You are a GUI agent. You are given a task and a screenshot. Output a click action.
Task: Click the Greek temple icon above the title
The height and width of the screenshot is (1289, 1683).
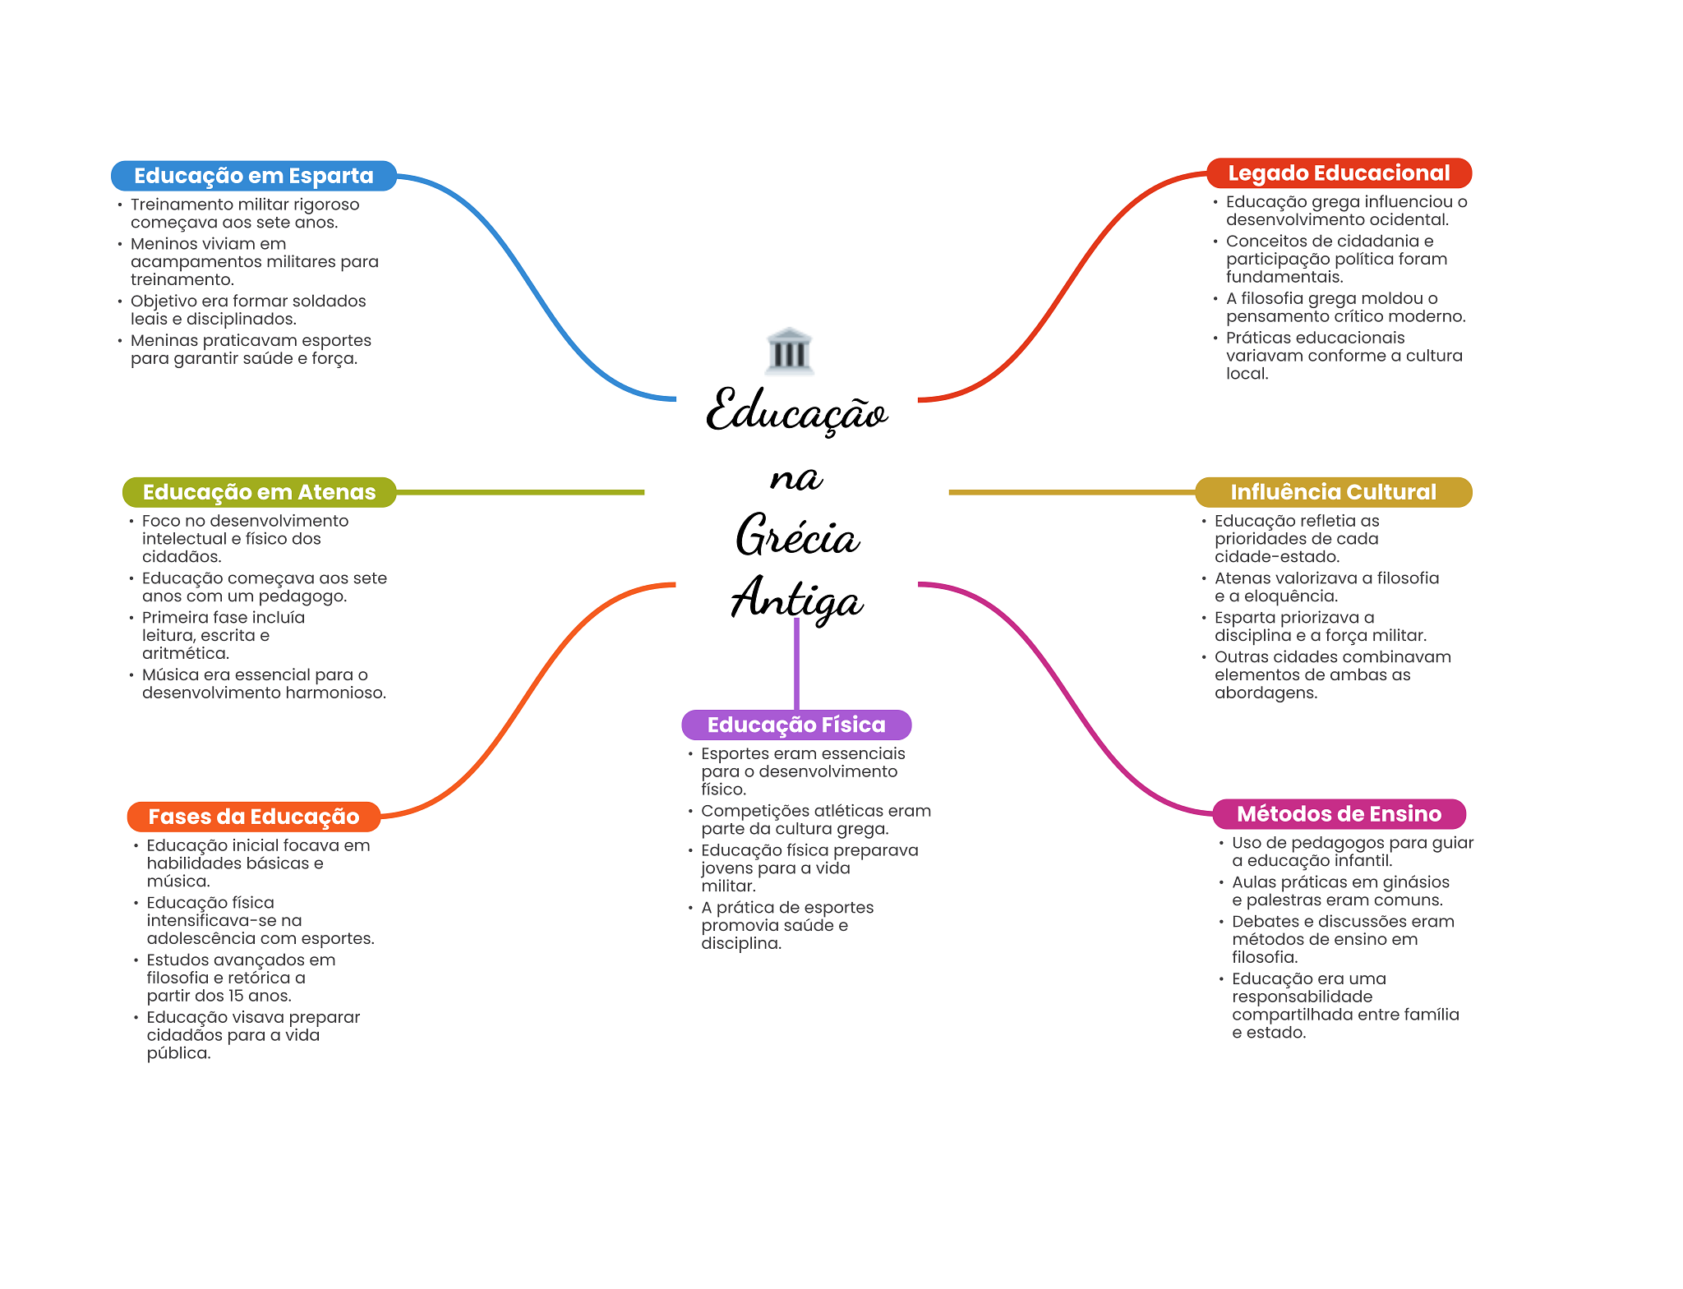click(789, 351)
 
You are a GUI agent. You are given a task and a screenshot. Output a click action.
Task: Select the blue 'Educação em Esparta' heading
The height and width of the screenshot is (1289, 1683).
click(253, 176)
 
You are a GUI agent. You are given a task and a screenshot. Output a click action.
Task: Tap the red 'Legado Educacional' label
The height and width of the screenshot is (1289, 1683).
click(1339, 173)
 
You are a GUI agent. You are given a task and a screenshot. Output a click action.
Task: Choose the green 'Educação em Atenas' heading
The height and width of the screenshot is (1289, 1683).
click(259, 492)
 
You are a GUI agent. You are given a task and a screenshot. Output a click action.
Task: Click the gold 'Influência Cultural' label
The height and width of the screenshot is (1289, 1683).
click(1333, 492)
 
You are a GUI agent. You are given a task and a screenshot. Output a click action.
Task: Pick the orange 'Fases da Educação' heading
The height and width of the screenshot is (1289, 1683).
click(253, 817)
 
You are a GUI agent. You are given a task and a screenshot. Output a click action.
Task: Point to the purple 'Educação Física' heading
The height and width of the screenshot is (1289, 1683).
click(796, 725)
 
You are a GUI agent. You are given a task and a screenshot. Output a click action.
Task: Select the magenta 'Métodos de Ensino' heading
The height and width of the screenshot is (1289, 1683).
click(1339, 813)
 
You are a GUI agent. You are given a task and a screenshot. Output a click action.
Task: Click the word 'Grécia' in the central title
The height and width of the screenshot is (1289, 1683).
click(796, 536)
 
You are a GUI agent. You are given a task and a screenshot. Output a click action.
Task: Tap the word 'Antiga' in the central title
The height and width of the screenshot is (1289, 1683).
click(796, 599)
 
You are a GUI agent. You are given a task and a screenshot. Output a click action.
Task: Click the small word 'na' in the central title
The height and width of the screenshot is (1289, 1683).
click(795, 478)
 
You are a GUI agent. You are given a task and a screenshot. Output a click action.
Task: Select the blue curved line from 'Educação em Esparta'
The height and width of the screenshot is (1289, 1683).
click(534, 288)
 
